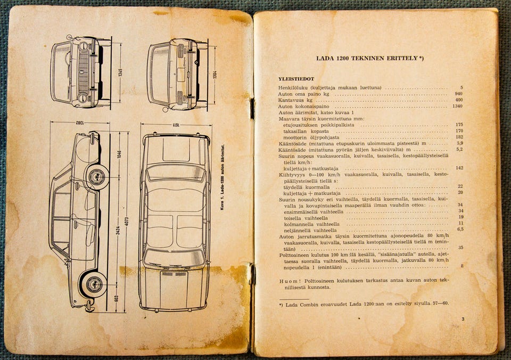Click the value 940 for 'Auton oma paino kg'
(x=459, y=94)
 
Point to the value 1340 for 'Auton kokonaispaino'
(x=457, y=106)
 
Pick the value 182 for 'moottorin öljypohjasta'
(x=459, y=137)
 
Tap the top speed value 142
(x=459, y=168)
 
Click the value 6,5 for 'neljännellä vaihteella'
(x=460, y=230)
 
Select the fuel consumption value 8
(x=461, y=266)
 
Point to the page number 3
(x=463, y=319)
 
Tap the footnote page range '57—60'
(x=440, y=304)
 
